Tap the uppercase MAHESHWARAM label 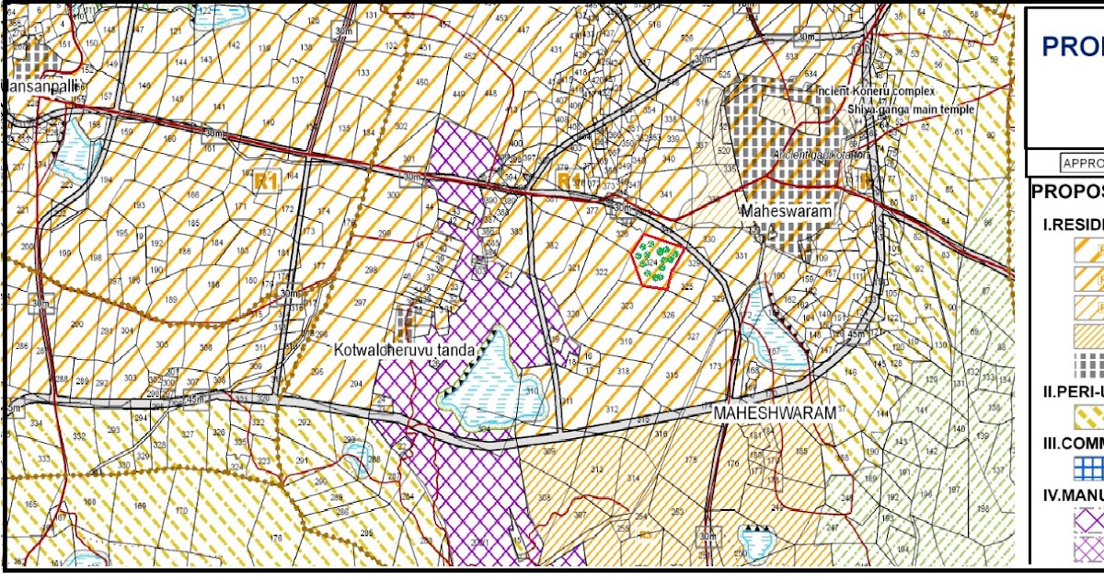(x=775, y=414)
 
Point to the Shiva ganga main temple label (x=911, y=110)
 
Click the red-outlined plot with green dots (x=657, y=263)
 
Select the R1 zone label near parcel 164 (x=266, y=181)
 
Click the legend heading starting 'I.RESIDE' (x=1073, y=225)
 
